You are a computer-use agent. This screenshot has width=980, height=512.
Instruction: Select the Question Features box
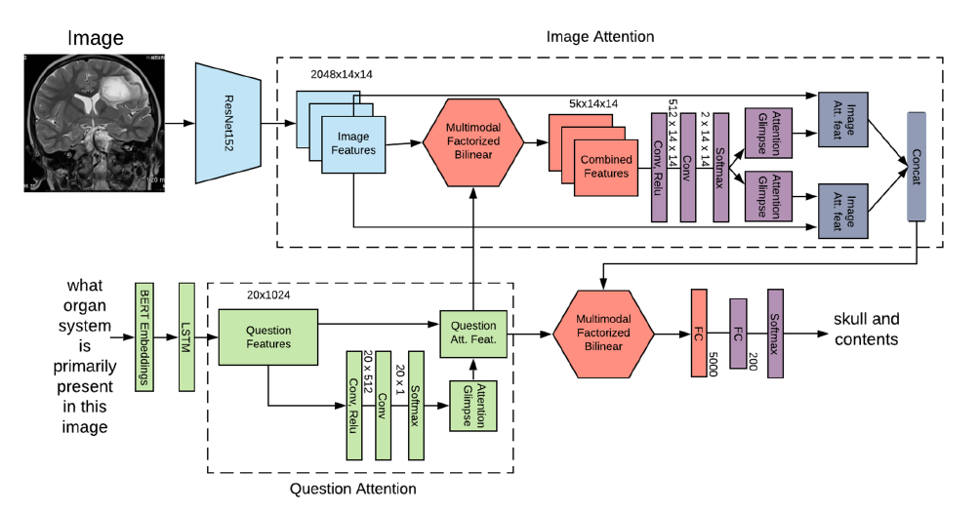click(268, 336)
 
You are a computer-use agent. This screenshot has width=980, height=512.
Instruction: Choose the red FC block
click(698, 332)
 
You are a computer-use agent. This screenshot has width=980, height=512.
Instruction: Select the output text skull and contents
click(866, 330)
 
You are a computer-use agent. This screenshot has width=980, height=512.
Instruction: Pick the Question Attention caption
click(353, 489)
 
